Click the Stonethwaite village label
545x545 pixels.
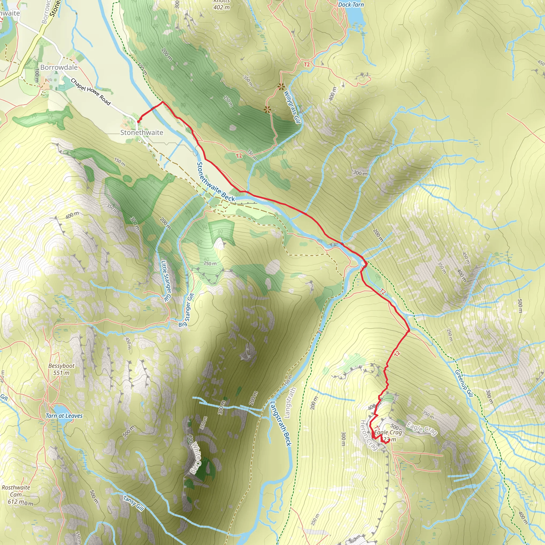(142, 133)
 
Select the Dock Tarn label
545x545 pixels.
(351, 5)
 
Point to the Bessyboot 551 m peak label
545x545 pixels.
(61, 369)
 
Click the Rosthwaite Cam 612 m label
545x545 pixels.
(16, 494)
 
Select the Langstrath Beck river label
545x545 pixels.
(281, 424)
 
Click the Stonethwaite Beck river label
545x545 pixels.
(216, 182)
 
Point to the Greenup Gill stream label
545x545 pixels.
(464, 383)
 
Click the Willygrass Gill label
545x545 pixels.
(292, 107)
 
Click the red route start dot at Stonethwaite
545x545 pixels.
(138, 122)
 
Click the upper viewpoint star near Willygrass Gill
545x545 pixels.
(281, 86)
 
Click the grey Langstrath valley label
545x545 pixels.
(290, 402)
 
